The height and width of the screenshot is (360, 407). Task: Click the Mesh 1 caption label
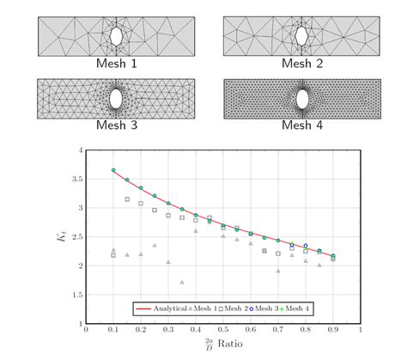point(116,64)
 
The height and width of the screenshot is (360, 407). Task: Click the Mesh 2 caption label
point(302,64)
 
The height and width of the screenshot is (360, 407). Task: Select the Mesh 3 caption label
point(116,125)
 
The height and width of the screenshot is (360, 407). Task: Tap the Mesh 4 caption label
point(302,125)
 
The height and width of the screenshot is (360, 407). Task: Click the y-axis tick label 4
point(79,150)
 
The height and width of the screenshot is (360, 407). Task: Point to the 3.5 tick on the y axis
point(76,180)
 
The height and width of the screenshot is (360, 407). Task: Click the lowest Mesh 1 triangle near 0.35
point(181,282)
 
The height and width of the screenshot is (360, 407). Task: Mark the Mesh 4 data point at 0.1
point(113,170)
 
